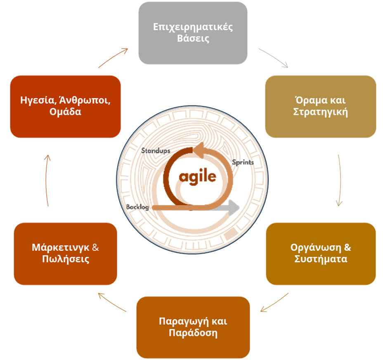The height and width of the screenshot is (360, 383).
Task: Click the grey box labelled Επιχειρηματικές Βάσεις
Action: click(x=193, y=33)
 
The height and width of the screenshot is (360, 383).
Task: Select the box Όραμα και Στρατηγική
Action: click(x=320, y=106)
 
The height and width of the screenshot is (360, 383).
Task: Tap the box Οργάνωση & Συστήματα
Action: click(x=321, y=254)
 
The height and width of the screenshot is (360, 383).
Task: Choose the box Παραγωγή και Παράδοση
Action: click(x=193, y=327)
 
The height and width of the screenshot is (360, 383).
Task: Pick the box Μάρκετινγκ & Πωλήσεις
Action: click(x=65, y=254)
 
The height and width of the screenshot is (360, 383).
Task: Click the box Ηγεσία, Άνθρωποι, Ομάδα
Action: click(x=65, y=106)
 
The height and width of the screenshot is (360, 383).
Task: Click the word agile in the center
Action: click(x=198, y=176)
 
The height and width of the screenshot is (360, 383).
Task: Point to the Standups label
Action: click(x=156, y=151)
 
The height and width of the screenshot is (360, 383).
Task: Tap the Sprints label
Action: click(x=243, y=162)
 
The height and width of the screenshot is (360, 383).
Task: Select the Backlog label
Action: click(x=138, y=207)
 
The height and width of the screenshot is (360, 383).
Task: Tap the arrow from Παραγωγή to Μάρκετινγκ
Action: click(x=111, y=302)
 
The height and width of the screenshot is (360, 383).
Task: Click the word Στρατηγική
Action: click(x=320, y=112)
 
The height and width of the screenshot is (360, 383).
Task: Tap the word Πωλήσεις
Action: click(x=65, y=259)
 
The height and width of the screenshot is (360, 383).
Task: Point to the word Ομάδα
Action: click(x=65, y=112)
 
